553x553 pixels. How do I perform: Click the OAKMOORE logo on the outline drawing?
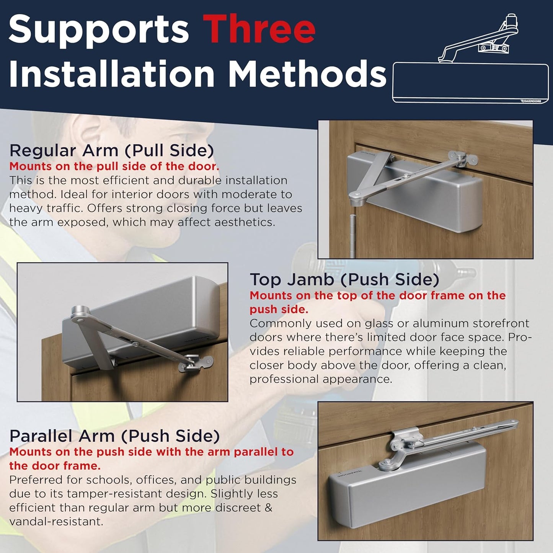532,101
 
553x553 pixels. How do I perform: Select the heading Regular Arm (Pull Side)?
111,150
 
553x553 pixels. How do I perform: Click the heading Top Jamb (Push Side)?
344,279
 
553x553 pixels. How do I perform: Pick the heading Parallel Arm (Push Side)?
114,436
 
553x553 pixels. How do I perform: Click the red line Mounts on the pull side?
114,166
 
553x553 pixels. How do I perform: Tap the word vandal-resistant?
56,522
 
